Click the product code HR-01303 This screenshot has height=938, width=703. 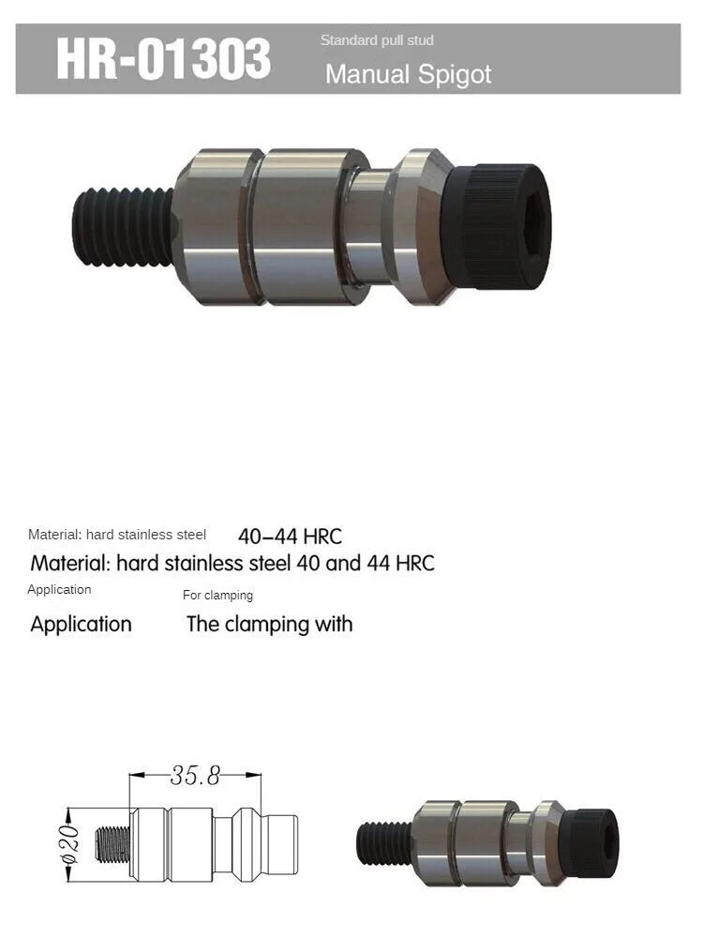[163, 59]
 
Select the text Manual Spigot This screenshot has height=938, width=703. [408, 74]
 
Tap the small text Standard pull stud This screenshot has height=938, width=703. [377, 40]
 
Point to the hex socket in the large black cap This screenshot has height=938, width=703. [526, 225]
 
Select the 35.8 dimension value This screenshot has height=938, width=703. [195, 776]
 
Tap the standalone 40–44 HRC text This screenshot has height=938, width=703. [290, 537]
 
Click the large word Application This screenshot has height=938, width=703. [81, 624]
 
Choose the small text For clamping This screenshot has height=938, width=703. [217, 595]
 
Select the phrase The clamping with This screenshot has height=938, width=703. [269, 624]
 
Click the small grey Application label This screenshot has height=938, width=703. [59, 589]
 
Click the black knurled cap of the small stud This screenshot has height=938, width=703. [592, 842]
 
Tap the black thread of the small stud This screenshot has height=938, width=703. [384, 843]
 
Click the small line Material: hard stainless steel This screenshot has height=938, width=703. [117, 535]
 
